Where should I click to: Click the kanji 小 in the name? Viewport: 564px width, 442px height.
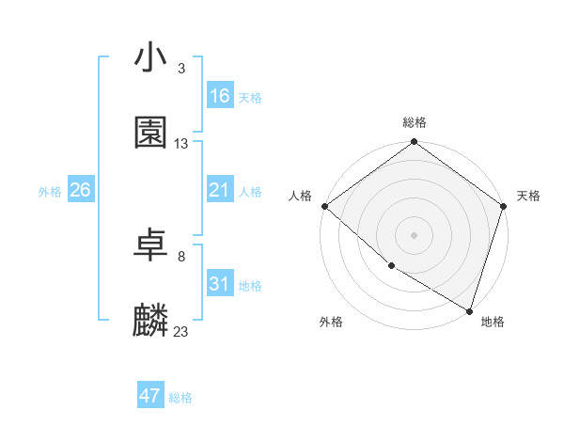tap(150, 57)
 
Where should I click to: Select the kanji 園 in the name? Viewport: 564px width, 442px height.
tap(150, 133)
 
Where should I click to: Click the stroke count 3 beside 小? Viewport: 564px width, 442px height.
tap(180, 69)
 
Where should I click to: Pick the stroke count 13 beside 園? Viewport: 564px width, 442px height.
tap(181, 144)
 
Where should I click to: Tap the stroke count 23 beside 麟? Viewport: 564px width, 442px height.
tap(181, 332)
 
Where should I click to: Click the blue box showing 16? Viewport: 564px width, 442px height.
tap(220, 96)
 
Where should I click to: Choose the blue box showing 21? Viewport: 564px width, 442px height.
tap(220, 190)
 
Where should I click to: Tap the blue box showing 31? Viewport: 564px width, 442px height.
tap(220, 284)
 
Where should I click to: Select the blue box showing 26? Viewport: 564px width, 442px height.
tap(80, 190)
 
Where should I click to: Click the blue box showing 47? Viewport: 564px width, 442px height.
tap(150, 396)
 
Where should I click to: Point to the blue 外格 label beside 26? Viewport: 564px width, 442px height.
tap(50, 192)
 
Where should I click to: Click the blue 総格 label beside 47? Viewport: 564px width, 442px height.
tap(180, 398)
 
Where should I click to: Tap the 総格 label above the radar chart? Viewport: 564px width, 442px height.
tap(415, 122)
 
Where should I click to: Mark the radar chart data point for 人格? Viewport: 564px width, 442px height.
tap(324, 206)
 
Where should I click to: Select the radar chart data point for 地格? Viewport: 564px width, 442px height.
tap(469, 310)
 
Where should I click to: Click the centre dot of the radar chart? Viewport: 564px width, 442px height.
tap(415, 234)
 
